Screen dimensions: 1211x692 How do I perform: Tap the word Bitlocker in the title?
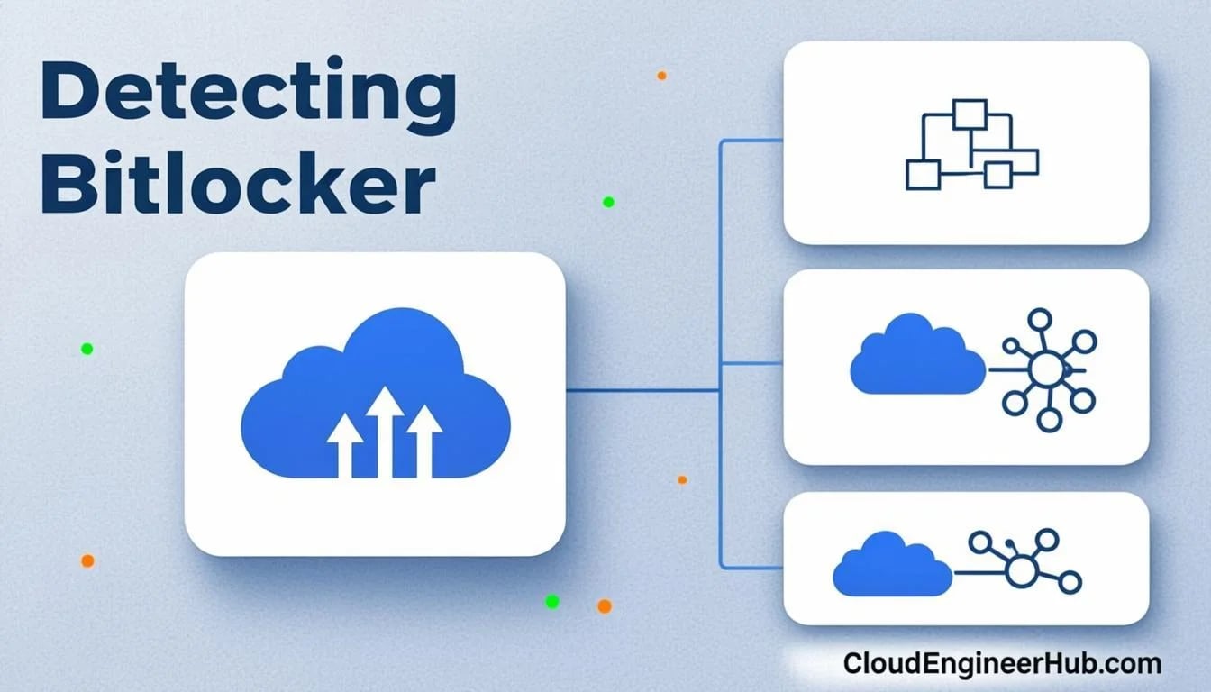click(239, 182)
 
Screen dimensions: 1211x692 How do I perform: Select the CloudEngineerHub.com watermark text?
click(1002, 663)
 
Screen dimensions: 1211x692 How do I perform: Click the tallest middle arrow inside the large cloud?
click(385, 432)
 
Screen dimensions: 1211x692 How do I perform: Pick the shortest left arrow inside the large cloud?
click(345, 446)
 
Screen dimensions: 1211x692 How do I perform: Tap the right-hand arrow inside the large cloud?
click(424, 442)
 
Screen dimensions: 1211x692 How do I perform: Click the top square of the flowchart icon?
click(970, 114)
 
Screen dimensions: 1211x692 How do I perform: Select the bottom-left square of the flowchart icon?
click(924, 175)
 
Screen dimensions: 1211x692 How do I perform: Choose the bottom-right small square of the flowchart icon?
click(997, 175)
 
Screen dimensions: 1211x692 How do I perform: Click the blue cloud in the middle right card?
click(917, 353)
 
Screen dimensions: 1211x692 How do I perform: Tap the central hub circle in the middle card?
click(1047, 370)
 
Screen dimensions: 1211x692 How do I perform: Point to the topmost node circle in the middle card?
click(1039, 320)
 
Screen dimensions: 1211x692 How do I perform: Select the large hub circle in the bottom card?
click(1021, 571)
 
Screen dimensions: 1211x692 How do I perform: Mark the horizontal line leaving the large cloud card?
click(642, 390)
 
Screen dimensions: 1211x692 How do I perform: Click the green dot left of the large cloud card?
click(87, 349)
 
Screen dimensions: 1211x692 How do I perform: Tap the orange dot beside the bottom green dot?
click(605, 606)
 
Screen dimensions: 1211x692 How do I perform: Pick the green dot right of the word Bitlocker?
click(608, 202)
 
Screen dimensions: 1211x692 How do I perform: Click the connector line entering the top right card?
click(752, 141)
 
